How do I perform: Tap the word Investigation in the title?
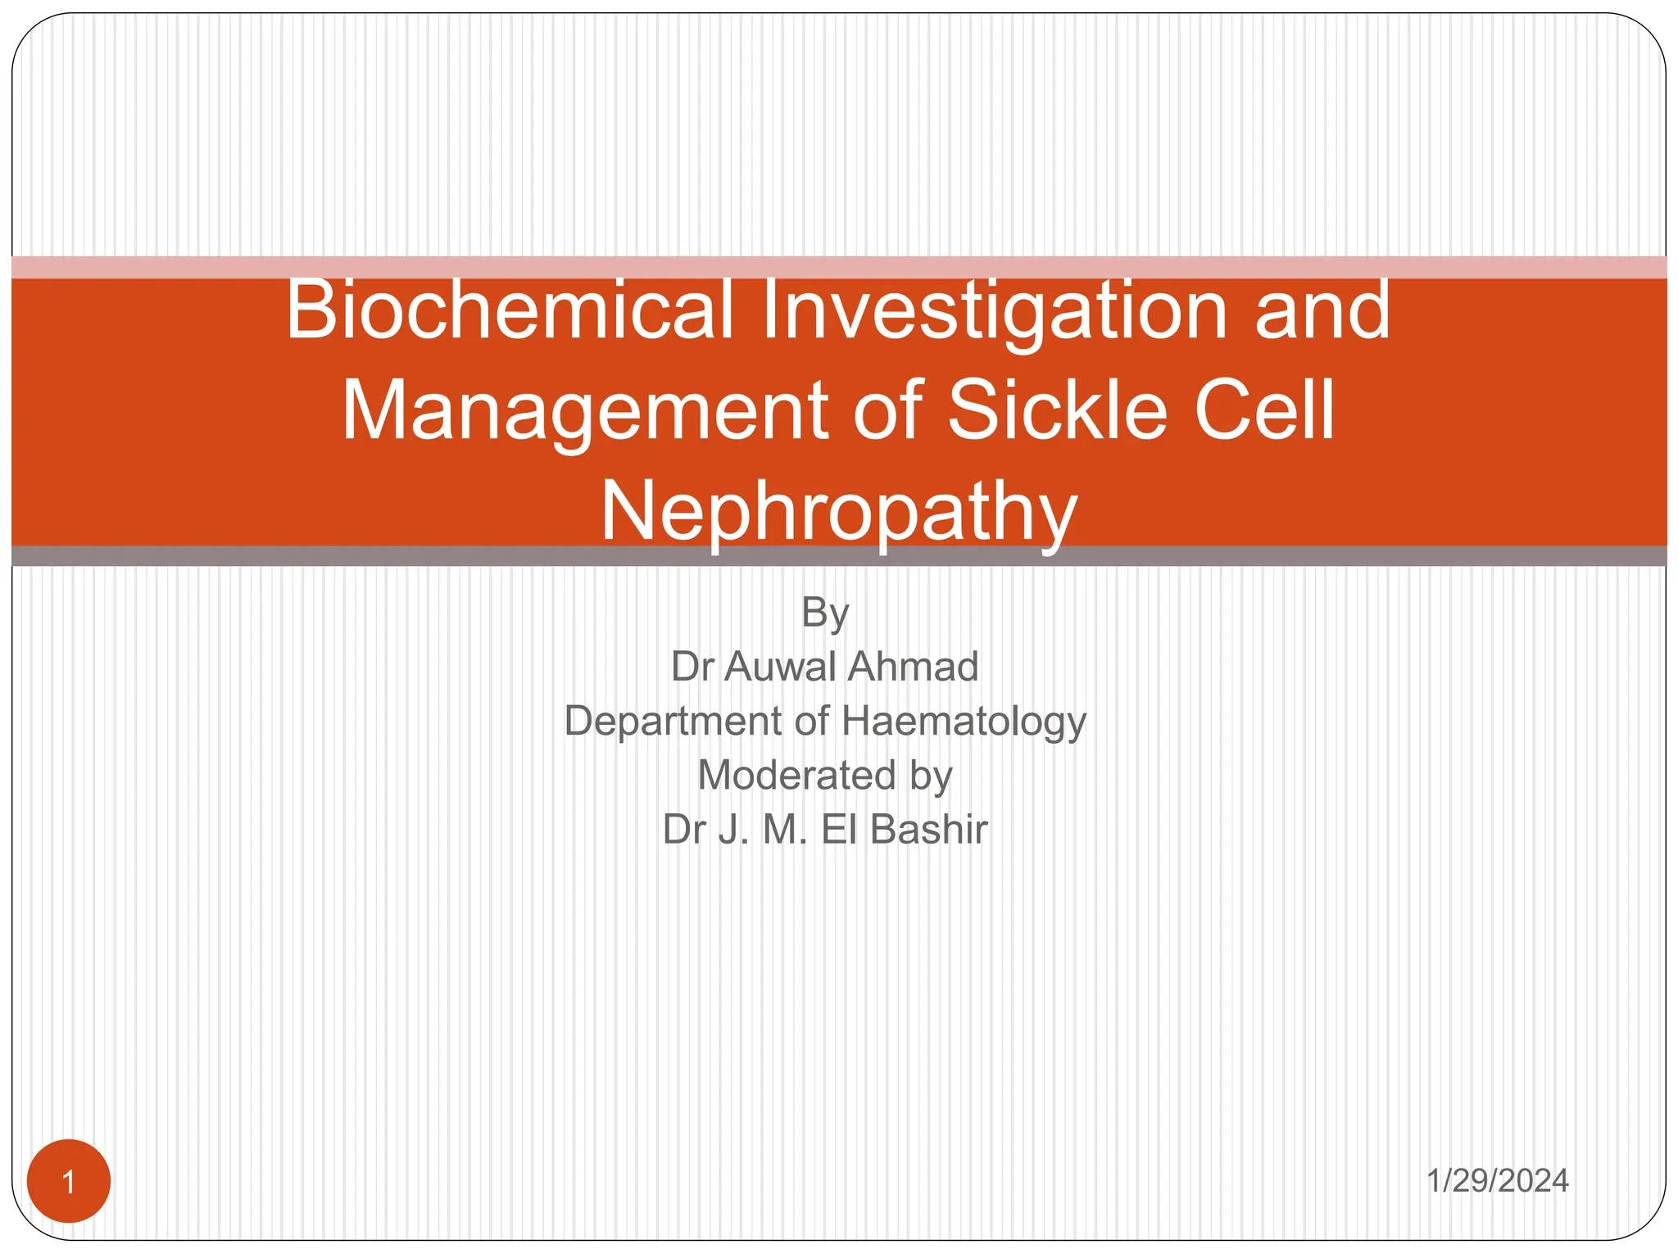994,311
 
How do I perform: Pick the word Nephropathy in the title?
839,511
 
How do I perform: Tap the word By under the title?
825,613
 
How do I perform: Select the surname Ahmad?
914,666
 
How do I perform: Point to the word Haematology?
964,722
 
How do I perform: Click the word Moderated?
796,775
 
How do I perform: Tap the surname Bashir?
929,829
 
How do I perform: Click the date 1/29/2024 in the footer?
1497,1180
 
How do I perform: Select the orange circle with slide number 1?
69,1181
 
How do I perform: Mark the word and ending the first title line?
1322,311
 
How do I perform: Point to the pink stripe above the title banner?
839,267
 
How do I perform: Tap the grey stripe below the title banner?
839,556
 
